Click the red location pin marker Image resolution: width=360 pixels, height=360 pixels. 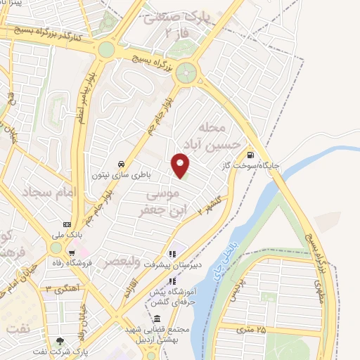click(181, 165)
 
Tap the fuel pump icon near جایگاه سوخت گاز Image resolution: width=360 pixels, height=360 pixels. click(250, 155)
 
